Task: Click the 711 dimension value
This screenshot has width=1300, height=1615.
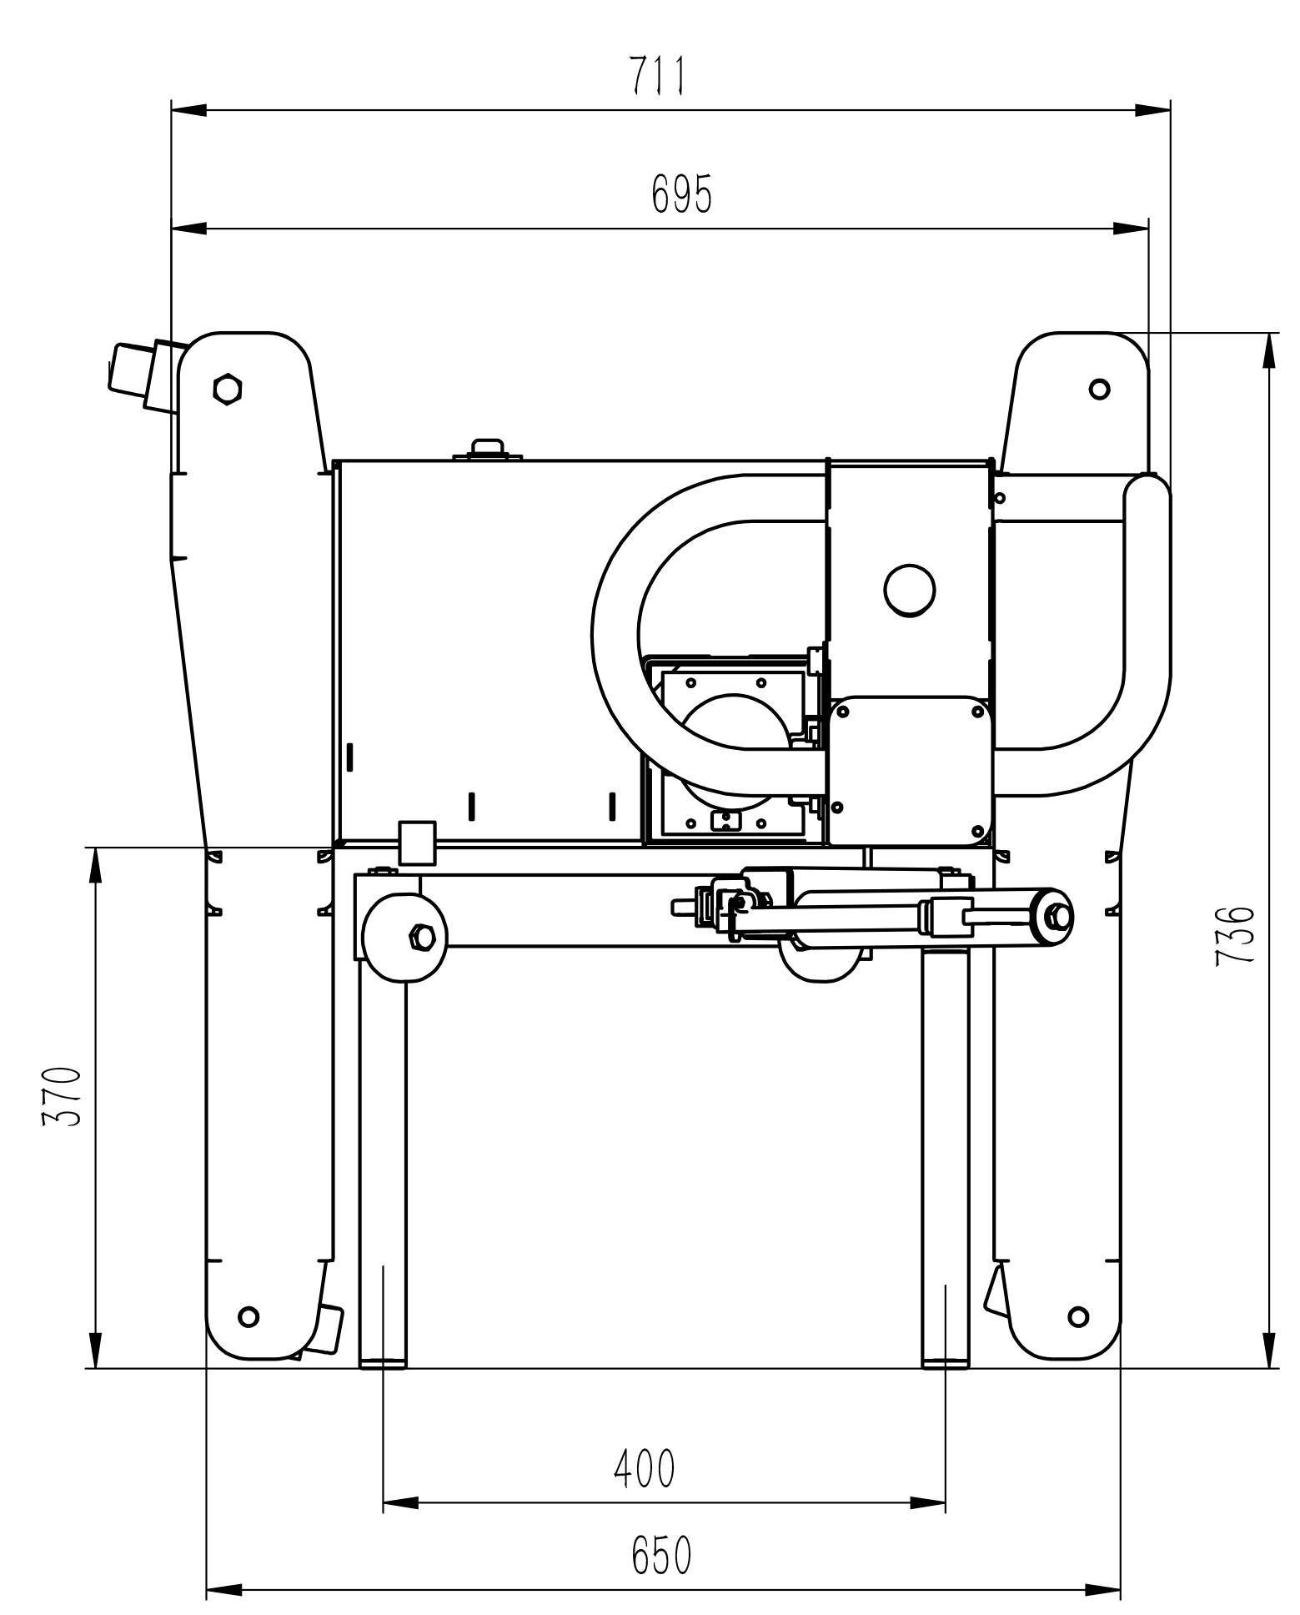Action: (657, 76)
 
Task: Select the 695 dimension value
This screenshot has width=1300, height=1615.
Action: (682, 194)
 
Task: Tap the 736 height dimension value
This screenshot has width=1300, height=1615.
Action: (1235, 936)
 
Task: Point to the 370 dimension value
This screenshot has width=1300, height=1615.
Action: (63, 1096)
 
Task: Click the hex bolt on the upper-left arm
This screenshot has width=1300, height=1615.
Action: (227, 388)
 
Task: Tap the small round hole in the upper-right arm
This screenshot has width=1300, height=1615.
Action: (1100, 388)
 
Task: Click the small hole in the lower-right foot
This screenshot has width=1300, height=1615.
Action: (1078, 1317)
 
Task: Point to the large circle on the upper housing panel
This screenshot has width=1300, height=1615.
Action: (910, 590)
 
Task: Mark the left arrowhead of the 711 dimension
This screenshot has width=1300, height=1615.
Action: (188, 109)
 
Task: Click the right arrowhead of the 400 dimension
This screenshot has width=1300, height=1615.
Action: (928, 1502)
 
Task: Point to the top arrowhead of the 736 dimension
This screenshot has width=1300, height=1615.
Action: (1269, 350)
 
